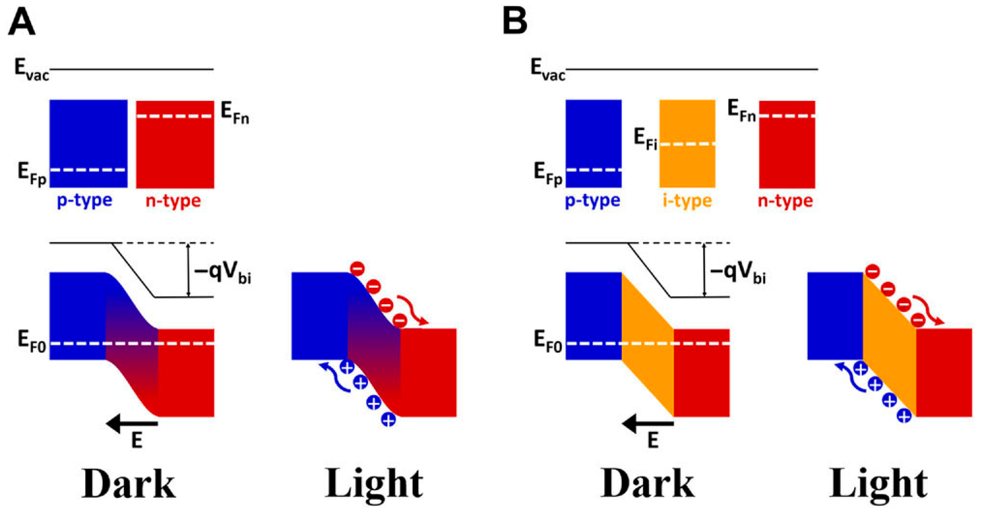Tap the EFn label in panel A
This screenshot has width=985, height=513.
pyautogui.click(x=235, y=113)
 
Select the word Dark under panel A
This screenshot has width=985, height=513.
pyautogui.click(x=129, y=483)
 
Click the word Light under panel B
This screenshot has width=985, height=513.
pyautogui.click(x=878, y=483)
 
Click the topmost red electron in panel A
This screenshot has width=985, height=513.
pyautogui.click(x=358, y=269)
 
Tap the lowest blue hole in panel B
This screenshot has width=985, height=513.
pyautogui.click(x=904, y=416)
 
